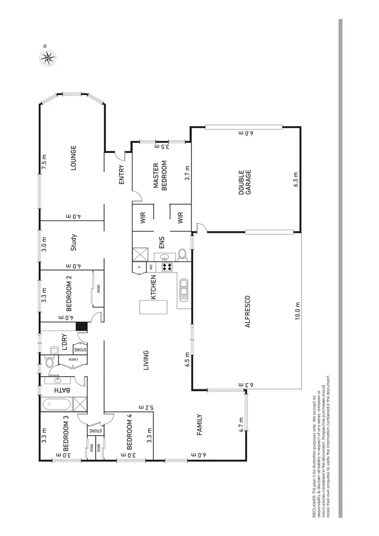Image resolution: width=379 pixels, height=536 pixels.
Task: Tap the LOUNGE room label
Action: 73,158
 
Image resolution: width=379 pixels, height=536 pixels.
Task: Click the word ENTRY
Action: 122,175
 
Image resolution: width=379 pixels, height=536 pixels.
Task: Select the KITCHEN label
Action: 154,287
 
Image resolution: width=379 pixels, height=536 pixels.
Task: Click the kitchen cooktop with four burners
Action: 167,267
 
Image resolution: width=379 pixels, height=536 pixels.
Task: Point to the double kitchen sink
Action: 183,290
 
